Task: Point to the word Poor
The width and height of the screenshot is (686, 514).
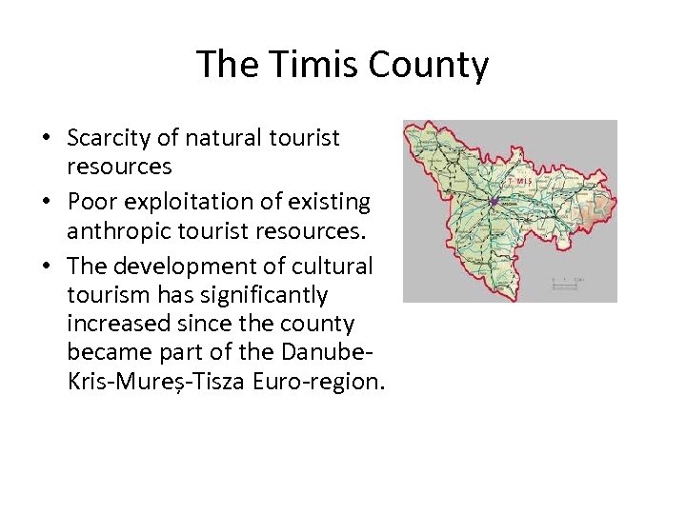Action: tap(89, 202)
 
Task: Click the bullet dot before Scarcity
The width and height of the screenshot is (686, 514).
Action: tap(46, 139)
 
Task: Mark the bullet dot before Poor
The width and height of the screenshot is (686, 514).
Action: tap(46, 203)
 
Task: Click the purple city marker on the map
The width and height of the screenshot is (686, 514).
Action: tap(494, 201)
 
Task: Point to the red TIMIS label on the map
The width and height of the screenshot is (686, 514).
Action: tap(520, 179)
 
